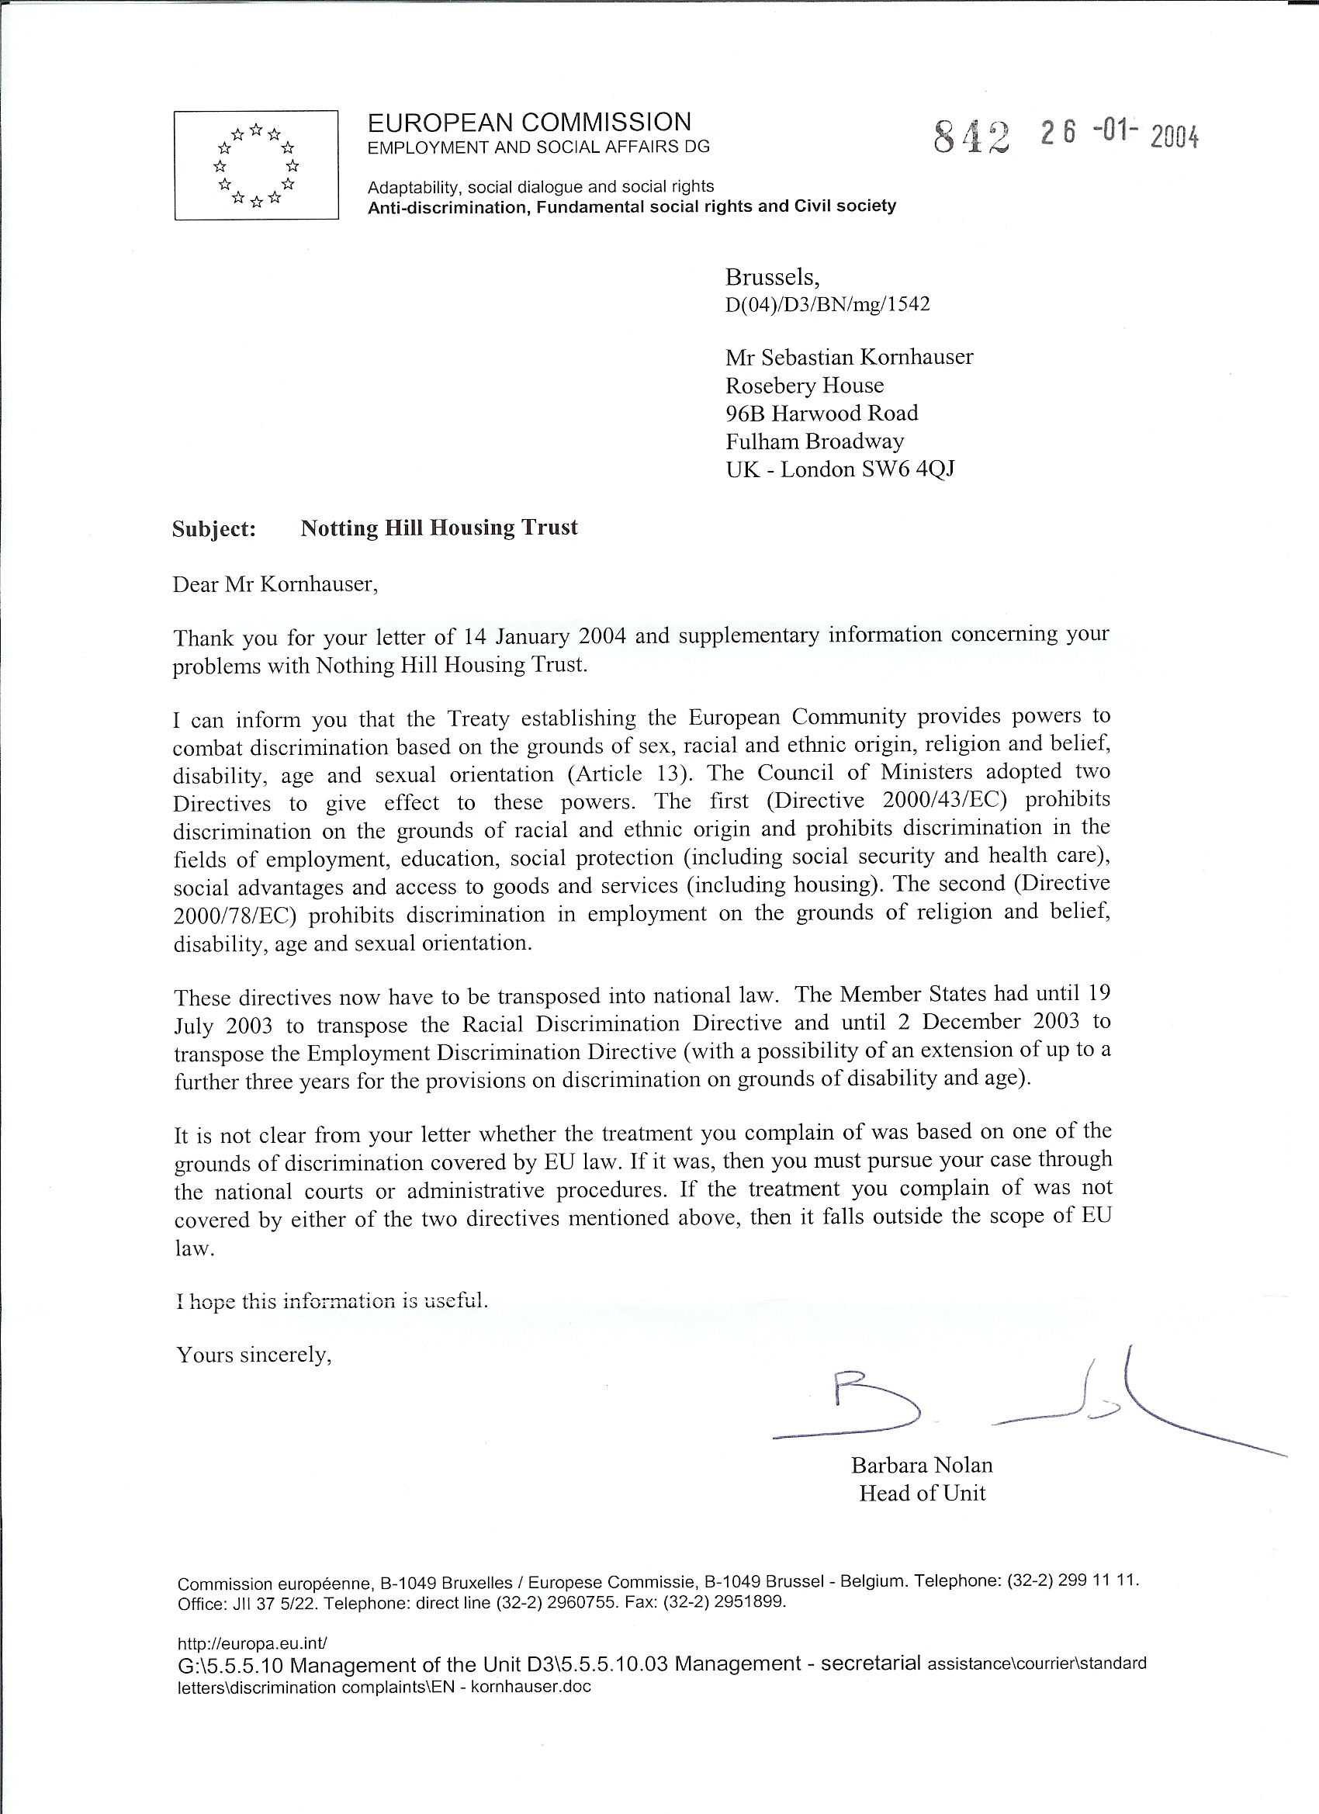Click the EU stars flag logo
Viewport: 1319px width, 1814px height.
pos(256,165)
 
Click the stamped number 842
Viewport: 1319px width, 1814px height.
pos(971,137)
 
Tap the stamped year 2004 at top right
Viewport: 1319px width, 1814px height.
pos(1174,138)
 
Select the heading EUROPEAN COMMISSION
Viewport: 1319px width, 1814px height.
pos(528,123)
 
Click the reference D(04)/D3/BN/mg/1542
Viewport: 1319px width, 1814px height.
pos(827,305)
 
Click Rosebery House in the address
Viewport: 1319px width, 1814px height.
pos(804,386)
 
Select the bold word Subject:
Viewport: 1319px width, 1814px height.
pos(213,529)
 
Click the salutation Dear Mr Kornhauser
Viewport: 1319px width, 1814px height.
pos(275,584)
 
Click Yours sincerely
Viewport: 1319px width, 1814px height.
pos(254,1355)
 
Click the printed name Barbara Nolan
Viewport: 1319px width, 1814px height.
pos(922,1466)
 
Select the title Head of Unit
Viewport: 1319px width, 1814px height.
pos(922,1494)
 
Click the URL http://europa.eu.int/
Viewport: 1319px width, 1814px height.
pos(252,1643)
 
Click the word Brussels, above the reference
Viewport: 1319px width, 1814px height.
pos(772,278)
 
